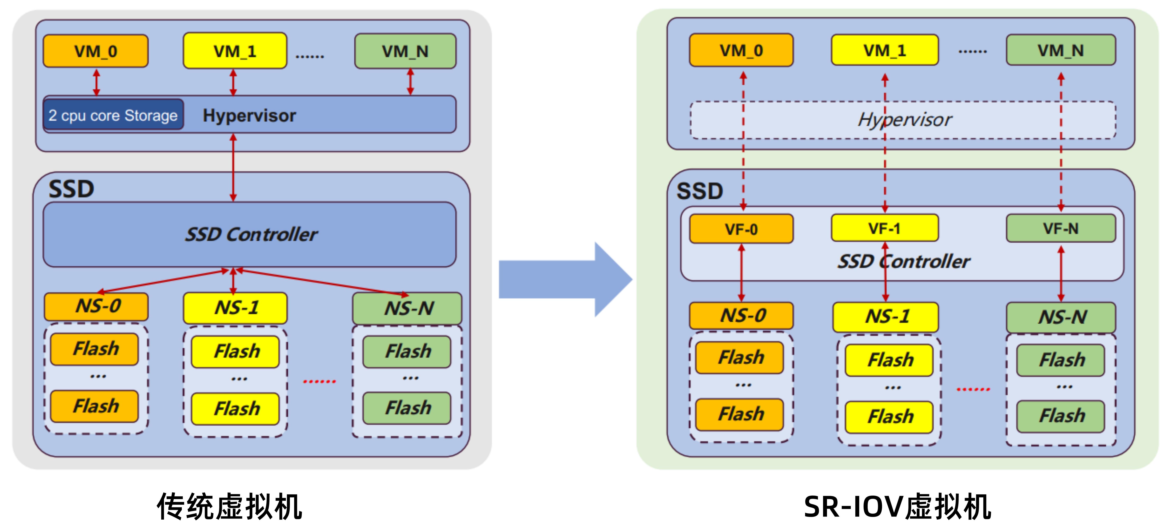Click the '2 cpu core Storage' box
click(x=113, y=115)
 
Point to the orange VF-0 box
click(x=741, y=229)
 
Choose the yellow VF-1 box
click(x=884, y=228)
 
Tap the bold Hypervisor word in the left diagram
click(x=249, y=116)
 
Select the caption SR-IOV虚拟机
click(x=897, y=506)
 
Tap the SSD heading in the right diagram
click(x=699, y=191)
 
